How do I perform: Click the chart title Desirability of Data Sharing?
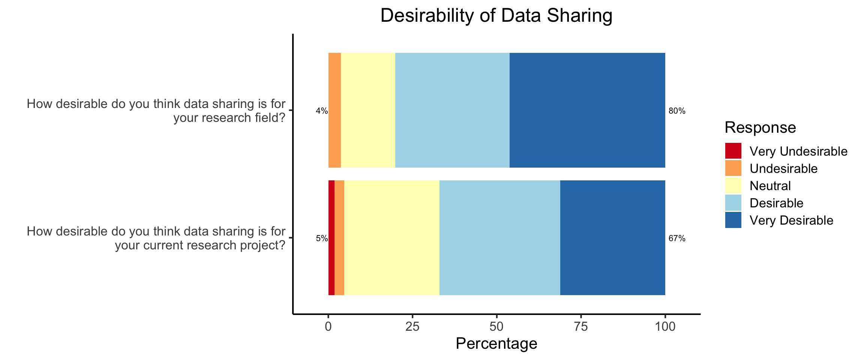(496, 16)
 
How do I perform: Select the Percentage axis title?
(496, 343)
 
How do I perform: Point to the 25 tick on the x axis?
(412, 326)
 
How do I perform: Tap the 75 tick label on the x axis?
(581, 326)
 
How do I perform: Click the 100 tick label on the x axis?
(665, 326)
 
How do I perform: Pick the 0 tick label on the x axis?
(328, 326)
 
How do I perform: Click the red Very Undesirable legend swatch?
(733, 151)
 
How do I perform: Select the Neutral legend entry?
(770, 186)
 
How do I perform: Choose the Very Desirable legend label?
(791, 220)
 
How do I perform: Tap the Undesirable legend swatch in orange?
(733, 168)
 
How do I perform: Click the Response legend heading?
(760, 127)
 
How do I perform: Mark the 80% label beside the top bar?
(677, 111)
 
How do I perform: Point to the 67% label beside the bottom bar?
(677, 238)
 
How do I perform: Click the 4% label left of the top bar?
(321, 111)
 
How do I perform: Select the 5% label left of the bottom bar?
(321, 238)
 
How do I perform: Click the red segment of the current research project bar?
(331, 238)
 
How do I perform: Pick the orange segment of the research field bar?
(334, 110)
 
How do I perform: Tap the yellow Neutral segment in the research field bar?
(368, 110)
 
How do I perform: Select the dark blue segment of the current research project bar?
(612, 238)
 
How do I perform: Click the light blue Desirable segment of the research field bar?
(452, 110)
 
